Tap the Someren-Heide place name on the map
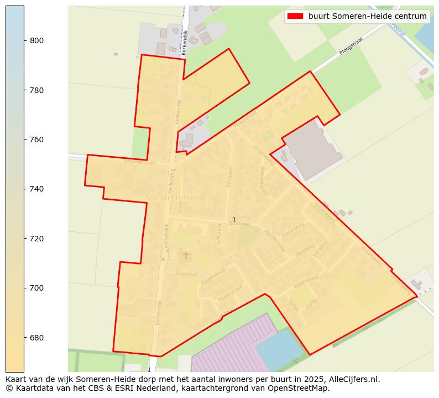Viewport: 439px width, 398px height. tap(175, 198)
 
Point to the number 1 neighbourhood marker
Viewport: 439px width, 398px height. tap(234, 220)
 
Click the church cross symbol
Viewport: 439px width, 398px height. tap(186, 255)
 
